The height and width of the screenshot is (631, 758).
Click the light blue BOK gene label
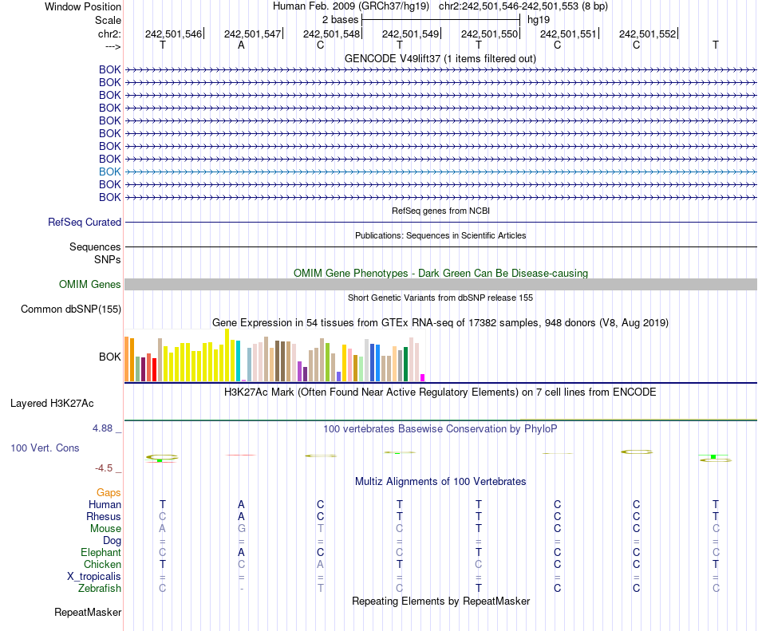(110, 172)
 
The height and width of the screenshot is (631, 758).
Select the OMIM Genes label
(90, 285)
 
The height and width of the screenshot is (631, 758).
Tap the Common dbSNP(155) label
(71, 310)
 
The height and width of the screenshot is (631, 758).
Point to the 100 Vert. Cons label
(45, 448)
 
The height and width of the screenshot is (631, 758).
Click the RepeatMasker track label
(88, 613)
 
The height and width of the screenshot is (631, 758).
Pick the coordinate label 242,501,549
(411, 34)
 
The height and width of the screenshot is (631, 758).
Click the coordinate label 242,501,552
(647, 34)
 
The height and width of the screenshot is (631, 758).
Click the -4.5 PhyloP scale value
(105, 468)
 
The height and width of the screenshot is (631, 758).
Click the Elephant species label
(101, 553)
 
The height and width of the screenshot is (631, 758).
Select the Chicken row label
(103, 565)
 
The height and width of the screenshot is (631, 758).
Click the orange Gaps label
(109, 493)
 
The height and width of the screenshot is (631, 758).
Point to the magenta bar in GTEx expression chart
(423, 377)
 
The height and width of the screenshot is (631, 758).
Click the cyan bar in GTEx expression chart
(238, 361)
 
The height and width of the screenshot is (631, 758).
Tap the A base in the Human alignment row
(241, 504)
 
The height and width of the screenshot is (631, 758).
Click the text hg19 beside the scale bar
(539, 19)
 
